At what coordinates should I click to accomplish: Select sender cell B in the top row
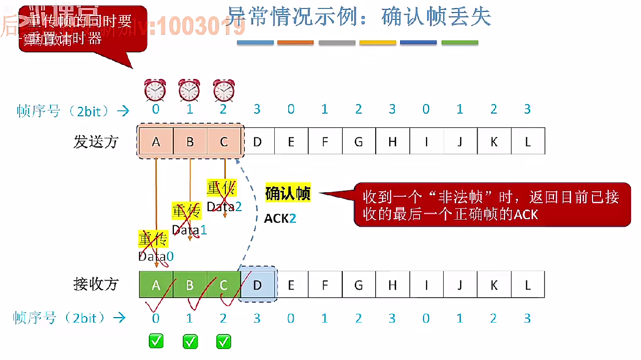click(x=190, y=141)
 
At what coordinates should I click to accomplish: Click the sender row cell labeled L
click(x=528, y=141)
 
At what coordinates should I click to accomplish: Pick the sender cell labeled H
click(x=392, y=141)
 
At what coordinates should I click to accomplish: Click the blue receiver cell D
click(x=257, y=285)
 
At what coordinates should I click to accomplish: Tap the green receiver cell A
click(x=156, y=285)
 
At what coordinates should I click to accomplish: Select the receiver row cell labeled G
click(x=358, y=285)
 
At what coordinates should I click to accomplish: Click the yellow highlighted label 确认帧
click(x=288, y=193)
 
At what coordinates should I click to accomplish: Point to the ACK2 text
click(x=280, y=218)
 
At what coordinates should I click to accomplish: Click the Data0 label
click(x=156, y=256)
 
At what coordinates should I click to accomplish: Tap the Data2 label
click(x=224, y=206)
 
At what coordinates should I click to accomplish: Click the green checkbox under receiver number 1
click(x=190, y=342)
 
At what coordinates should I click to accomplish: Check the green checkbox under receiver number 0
click(x=156, y=342)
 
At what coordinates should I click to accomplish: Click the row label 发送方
click(x=96, y=142)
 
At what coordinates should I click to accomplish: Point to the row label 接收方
click(x=96, y=284)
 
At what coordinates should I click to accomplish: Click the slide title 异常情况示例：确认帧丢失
click(x=359, y=17)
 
